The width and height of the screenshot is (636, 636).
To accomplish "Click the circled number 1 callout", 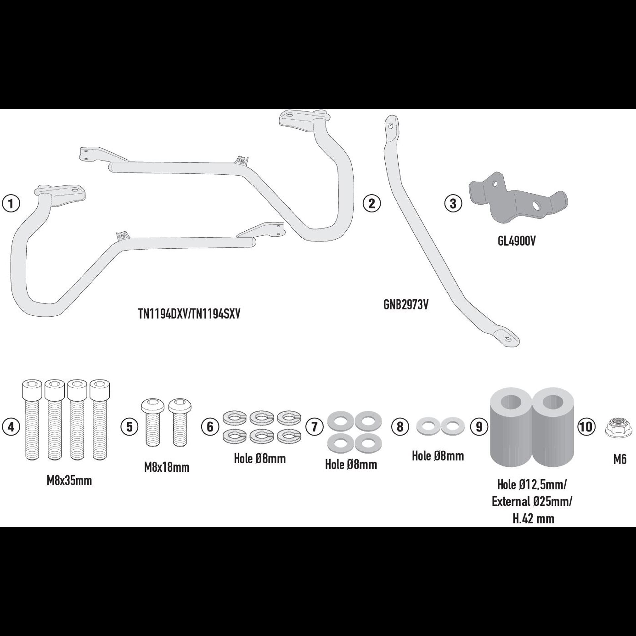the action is pyautogui.click(x=11, y=204).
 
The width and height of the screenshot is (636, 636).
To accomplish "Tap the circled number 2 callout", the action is pyautogui.click(x=372, y=204).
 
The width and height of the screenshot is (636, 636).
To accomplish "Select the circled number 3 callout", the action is pyautogui.click(x=453, y=204).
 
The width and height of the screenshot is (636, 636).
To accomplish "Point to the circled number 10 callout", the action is pyautogui.click(x=586, y=427).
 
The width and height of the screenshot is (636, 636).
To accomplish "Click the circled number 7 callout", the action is pyautogui.click(x=314, y=427).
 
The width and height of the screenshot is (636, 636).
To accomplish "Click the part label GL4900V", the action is pyautogui.click(x=516, y=241).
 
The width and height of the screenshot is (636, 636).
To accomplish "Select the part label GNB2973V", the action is pyautogui.click(x=405, y=305).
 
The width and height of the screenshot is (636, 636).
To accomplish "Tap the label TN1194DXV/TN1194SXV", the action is pyautogui.click(x=189, y=314).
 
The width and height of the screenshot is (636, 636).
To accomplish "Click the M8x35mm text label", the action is pyautogui.click(x=69, y=481).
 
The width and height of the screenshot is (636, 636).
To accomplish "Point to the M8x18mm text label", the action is pyautogui.click(x=167, y=467).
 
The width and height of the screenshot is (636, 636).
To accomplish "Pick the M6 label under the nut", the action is pyautogui.click(x=620, y=459).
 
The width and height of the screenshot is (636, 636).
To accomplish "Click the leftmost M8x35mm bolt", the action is pyautogui.click(x=32, y=420).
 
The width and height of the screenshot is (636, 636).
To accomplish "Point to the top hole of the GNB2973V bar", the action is pyautogui.click(x=391, y=126).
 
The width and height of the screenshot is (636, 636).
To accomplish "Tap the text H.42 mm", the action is pyautogui.click(x=533, y=518).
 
